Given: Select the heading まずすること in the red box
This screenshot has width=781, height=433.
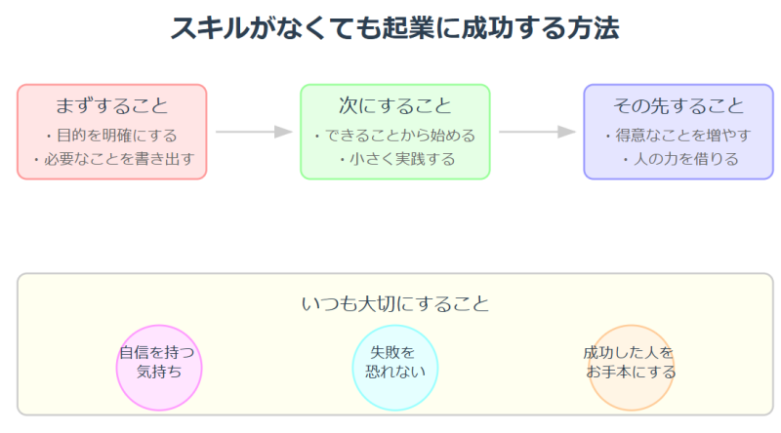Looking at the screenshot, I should coord(111,105).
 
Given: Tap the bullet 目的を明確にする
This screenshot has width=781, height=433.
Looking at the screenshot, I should coord(111,135).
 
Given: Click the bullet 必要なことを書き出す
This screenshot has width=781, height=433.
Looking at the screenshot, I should coord(111,158).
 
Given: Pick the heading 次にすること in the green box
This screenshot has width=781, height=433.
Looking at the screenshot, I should coord(394,105).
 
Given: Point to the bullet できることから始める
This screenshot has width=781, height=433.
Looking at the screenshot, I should coord(394,135).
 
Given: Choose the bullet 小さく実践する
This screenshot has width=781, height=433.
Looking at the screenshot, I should coord(394,158).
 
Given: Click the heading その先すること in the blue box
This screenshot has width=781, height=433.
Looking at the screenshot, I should coord(678,105).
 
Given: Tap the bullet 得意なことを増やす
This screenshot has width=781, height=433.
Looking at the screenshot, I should coord(678,135).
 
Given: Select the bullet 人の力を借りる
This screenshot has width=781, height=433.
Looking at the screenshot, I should coord(678,158).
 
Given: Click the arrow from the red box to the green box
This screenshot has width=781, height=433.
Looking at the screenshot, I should coord(254,132).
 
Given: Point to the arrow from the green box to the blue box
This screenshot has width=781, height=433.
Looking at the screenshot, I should coord(537,132).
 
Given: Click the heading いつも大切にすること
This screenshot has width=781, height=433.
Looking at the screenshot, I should coord(394,303).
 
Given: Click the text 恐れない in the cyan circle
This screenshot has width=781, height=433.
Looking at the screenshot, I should coord(394,372).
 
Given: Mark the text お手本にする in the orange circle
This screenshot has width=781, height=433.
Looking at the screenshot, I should coord(632,372).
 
